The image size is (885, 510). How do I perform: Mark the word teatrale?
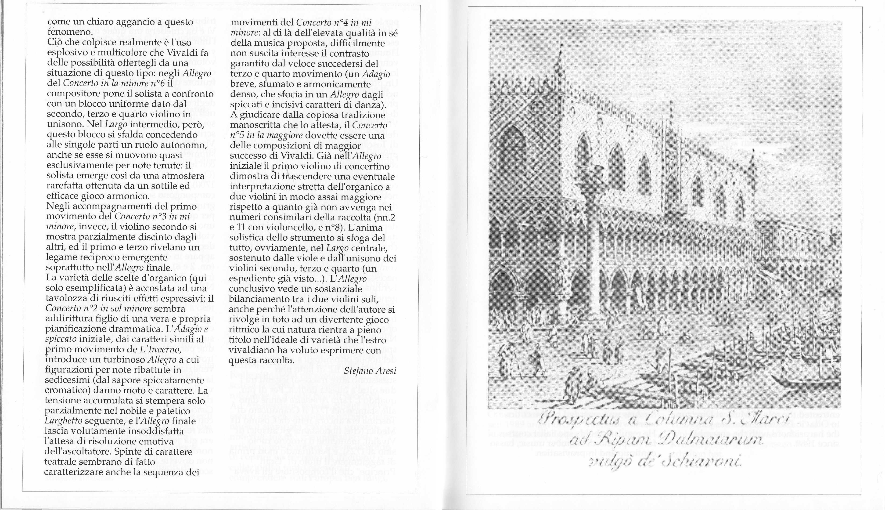[62, 462]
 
